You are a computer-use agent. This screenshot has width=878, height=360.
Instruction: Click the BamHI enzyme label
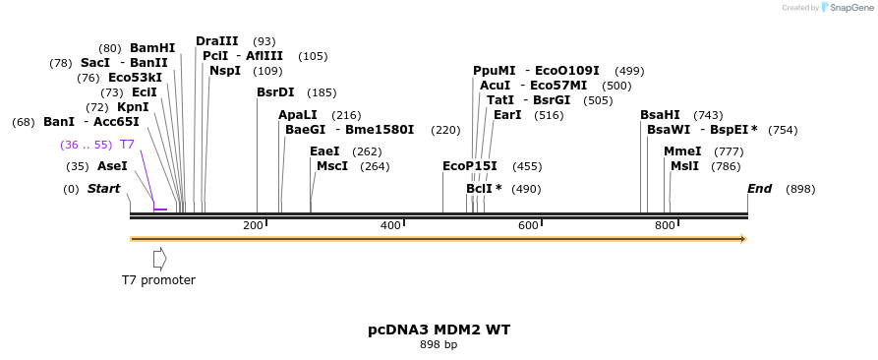pos(151,48)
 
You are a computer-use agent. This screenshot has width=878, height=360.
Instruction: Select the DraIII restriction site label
pos(216,41)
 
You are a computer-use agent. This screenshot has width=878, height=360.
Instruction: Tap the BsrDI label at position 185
pos(275,92)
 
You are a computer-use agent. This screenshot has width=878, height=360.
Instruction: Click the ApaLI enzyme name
pos(298,115)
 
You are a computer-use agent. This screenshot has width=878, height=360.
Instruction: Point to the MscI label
pos(332,166)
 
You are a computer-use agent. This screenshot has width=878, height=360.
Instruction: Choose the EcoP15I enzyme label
pos(470,166)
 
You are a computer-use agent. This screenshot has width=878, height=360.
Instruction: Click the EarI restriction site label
pos(507,115)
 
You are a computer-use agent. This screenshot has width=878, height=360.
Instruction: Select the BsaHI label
pos(660,115)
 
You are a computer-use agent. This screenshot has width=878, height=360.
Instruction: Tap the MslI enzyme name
pos(684,166)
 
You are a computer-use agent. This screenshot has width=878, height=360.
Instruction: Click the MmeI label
pos(682,151)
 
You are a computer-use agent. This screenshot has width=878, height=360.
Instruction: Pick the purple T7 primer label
pos(127,145)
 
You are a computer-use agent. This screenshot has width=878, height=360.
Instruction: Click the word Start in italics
pos(103,189)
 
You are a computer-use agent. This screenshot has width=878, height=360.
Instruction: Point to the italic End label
pos(759,189)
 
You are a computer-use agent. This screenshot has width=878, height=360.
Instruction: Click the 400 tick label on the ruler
pos(390,226)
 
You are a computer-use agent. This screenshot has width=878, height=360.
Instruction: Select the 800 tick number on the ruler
pos(665,226)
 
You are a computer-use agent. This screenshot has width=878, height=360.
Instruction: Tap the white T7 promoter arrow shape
pos(159,259)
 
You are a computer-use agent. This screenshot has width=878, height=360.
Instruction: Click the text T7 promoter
pos(158,280)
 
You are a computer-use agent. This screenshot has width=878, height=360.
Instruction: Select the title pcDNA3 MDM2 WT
pos(439,330)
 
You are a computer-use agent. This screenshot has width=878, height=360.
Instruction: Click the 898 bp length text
pos(439,345)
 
